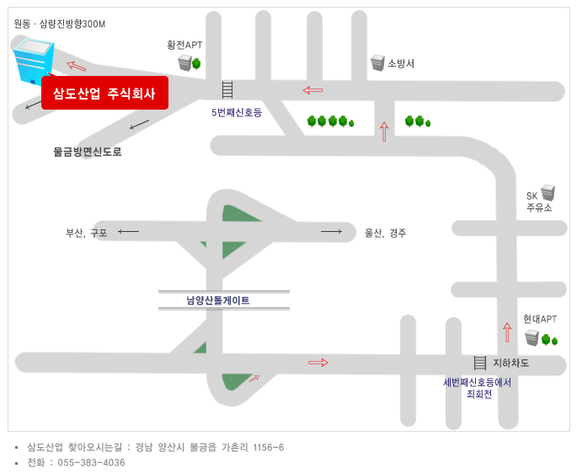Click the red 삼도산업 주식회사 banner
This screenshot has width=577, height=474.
click(x=105, y=93)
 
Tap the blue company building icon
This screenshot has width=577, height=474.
click(x=33, y=62)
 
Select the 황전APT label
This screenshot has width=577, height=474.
click(x=184, y=45)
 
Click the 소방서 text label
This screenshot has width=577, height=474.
click(x=401, y=63)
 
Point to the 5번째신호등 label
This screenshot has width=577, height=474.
click(x=237, y=112)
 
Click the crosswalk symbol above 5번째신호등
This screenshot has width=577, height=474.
click(x=227, y=89)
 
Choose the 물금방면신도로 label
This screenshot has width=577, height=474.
click(x=88, y=152)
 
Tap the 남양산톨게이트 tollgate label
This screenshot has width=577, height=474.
click(x=218, y=300)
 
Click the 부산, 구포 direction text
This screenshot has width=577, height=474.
click(x=86, y=233)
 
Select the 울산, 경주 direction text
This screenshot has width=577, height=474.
click(x=385, y=233)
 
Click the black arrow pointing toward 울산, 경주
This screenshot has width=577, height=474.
click(x=332, y=231)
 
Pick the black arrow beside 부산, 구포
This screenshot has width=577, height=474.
click(x=128, y=231)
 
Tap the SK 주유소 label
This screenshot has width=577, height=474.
click(x=539, y=202)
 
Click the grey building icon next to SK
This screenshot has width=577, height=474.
click(x=548, y=192)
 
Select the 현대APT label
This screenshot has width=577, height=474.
click(x=540, y=319)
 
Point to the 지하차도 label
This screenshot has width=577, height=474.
click(x=510, y=363)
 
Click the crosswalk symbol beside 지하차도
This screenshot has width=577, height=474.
click(x=480, y=363)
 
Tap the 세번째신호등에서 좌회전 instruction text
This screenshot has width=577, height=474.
click(x=478, y=388)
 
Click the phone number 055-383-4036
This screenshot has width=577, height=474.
click(x=91, y=462)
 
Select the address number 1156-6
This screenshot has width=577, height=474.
click(x=269, y=448)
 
